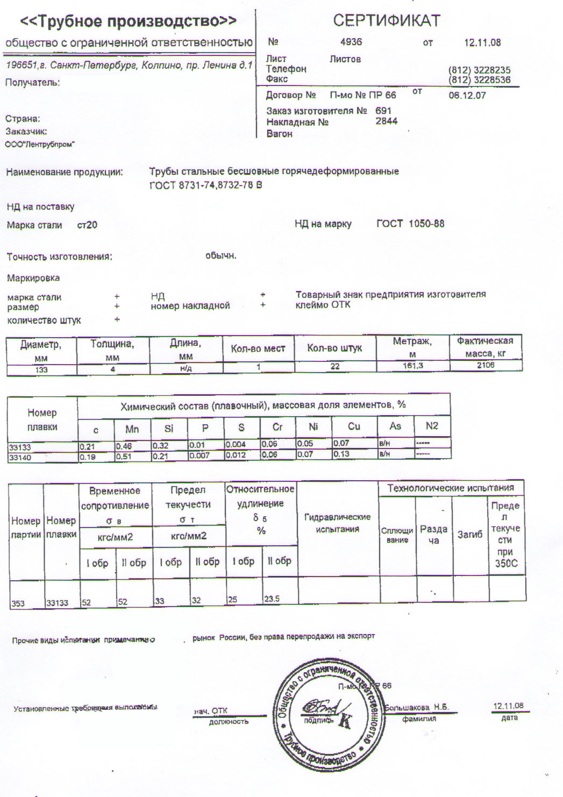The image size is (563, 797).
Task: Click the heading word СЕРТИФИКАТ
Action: tap(387, 20)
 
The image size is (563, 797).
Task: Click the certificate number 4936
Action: tap(351, 41)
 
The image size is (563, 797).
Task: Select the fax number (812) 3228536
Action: tap(479, 80)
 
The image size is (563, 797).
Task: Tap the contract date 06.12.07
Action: tap(467, 95)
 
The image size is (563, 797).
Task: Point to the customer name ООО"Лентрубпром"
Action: tap(40, 144)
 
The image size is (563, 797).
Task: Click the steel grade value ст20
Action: tap(87, 225)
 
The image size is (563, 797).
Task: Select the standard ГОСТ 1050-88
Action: tap(410, 224)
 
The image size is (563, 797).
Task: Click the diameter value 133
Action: tap(41, 369)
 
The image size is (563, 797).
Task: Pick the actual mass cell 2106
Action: tap(486, 365)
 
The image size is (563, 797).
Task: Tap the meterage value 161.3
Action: tap(412, 366)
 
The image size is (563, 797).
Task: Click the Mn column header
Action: tap(132, 429)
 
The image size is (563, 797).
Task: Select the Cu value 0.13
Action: tap(341, 454)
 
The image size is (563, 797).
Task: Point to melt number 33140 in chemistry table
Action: tap(20, 458)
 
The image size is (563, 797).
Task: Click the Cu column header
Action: tap(354, 426)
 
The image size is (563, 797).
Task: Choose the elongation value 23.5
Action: tap(272, 599)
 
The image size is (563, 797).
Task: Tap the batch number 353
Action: tap(18, 603)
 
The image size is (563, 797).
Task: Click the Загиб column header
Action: tap(469, 534)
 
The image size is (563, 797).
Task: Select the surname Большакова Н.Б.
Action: tap(417, 707)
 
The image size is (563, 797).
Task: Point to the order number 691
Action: tap(383, 110)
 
